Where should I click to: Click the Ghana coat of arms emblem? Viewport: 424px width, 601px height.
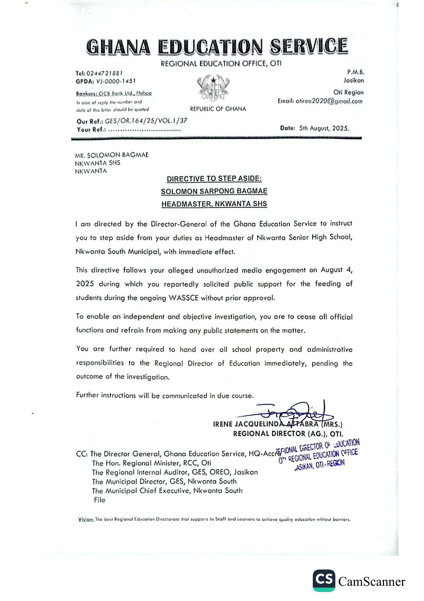[x=213, y=88]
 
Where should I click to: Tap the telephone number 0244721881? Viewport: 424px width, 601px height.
[x=104, y=73]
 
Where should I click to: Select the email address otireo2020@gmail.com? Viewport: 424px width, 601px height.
[x=329, y=101]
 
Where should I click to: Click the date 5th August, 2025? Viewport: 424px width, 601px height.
[x=324, y=128]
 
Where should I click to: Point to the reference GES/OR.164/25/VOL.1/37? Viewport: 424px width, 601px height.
[x=146, y=121]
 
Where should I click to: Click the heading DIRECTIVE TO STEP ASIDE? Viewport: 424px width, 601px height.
[x=214, y=179]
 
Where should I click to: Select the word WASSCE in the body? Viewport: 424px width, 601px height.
[x=183, y=298]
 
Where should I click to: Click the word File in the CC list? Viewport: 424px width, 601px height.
[x=100, y=500]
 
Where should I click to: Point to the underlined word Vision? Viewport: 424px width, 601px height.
[x=86, y=519]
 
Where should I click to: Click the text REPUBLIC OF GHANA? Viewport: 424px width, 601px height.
[x=218, y=109]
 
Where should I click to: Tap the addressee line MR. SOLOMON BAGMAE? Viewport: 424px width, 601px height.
[x=112, y=155]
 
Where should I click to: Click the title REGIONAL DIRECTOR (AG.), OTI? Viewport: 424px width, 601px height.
[x=288, y=434]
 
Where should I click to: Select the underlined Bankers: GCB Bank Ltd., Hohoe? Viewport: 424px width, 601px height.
[x=114, y=94]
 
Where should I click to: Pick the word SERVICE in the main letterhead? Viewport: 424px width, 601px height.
[x=309, y=46]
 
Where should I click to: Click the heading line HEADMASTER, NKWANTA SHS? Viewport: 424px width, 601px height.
[x=214, y=204]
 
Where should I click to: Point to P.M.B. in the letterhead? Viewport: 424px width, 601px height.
[x=356, y=72]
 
